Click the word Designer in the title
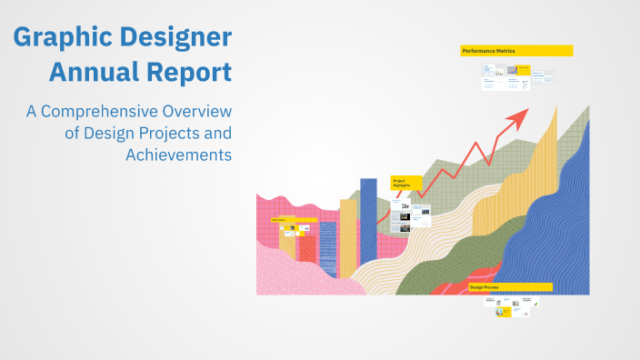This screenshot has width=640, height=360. point(173,39)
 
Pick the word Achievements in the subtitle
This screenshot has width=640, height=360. point(179,154)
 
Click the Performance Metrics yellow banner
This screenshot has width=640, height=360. point(516,51)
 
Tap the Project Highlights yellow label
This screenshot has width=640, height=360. point(406,183)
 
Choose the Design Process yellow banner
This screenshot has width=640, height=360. point(510,287)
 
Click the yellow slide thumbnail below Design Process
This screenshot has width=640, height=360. point(503,312)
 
